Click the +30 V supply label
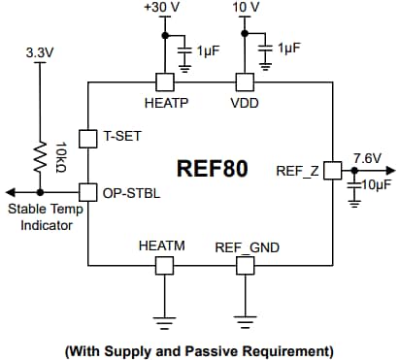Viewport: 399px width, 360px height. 162,9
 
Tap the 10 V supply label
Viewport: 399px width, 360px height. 247,9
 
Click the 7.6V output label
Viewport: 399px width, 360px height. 367,157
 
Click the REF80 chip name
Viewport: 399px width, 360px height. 212,169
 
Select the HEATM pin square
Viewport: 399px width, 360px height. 162,263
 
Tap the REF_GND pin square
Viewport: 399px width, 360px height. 247,263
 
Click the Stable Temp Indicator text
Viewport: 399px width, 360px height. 40,217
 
